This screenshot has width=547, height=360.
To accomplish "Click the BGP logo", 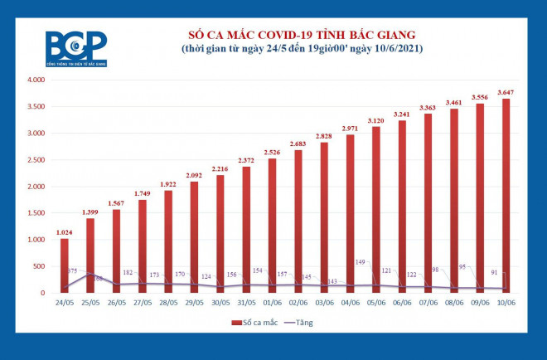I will [x=76, y=48].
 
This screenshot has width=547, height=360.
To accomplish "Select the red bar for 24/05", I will [x=65, y=265].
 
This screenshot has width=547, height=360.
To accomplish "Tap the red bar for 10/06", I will [x=504, y=196].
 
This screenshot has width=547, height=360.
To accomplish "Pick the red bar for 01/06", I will [x=272, y=226].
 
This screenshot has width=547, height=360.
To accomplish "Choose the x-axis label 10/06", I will [x=504, y=304].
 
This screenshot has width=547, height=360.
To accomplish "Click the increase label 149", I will [x=359, y=263].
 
